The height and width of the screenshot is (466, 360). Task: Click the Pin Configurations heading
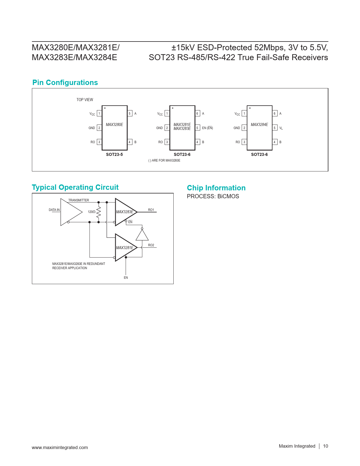coord(65,82)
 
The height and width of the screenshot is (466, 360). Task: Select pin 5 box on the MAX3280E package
coord(130,114)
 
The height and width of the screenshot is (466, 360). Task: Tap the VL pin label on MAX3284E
coord(281,128)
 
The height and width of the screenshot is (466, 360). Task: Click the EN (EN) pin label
coord(208,128)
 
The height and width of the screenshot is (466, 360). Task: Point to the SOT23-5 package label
coord(114,154)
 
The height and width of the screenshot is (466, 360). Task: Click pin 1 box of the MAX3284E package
coord(244,114)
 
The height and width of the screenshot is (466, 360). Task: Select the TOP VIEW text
coord(85,100)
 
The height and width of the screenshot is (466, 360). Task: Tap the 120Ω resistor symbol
coord(99,212)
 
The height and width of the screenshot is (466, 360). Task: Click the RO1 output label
coord(151,210)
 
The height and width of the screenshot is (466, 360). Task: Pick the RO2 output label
coord(151,245)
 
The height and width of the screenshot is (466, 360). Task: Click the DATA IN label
coord(54,210)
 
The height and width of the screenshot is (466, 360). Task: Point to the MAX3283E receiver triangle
coord(125,212)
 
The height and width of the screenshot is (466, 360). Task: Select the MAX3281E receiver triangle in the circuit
coord(125,248)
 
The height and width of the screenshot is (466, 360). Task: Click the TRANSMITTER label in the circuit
coord(78,200)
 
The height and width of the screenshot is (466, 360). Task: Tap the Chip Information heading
coord(216,188)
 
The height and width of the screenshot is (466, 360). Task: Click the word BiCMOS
coord(228,196)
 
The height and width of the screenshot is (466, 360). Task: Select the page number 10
coord(326,446)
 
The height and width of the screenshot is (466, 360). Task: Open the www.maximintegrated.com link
coord(60,447)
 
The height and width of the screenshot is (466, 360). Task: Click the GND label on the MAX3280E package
coord(92,128)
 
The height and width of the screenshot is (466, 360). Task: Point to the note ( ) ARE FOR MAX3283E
coord(164,160)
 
